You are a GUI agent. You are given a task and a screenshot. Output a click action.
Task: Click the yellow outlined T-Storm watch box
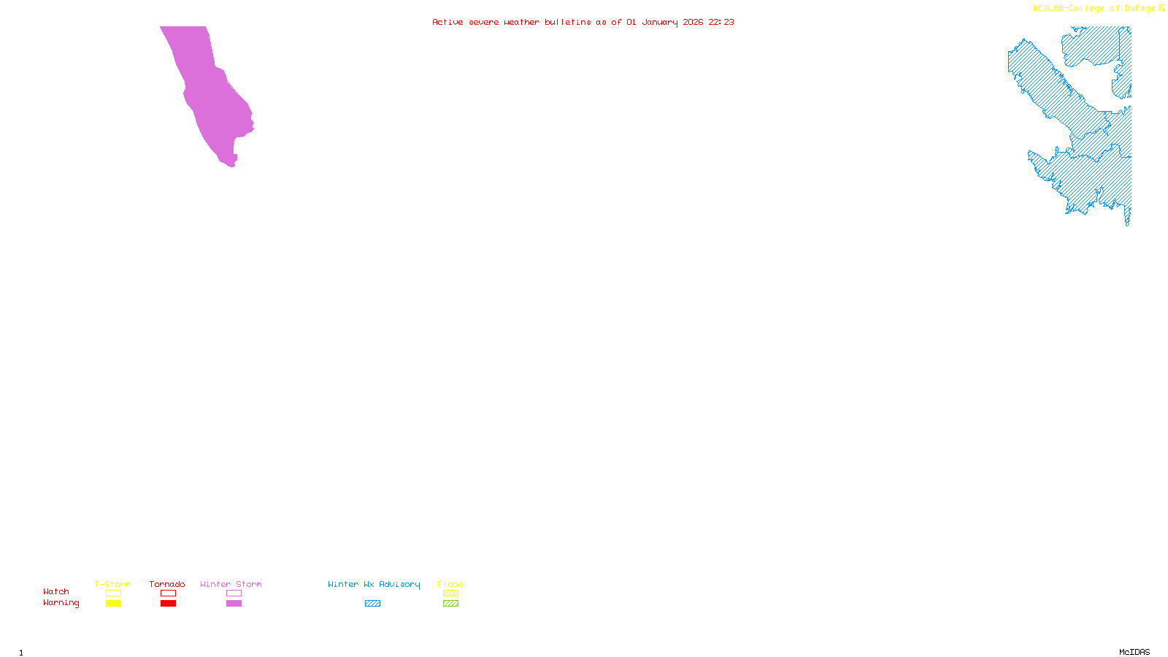113,593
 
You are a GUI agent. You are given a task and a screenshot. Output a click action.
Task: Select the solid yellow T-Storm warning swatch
113,604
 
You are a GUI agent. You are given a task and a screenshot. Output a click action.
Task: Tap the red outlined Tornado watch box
168,593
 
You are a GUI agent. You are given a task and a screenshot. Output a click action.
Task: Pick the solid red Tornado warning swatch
168,604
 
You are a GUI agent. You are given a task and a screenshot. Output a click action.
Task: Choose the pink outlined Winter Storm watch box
234,593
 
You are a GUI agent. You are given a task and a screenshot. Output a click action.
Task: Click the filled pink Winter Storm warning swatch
234,604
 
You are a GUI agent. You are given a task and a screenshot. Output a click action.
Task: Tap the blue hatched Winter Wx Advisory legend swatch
372,604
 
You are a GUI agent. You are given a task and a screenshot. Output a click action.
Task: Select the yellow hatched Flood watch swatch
450,593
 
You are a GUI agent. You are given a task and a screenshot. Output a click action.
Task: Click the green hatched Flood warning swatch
450,604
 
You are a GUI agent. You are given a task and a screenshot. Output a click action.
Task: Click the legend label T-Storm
112,584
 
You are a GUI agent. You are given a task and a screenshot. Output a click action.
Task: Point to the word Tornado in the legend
167,584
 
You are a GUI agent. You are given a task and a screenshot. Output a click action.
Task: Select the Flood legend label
450,584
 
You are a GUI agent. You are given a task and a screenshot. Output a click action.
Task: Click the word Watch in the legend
56,592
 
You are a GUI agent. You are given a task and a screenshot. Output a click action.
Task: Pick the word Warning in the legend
61,603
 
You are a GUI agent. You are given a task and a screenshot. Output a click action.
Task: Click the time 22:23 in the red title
721,22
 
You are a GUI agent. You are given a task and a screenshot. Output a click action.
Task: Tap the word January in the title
660,22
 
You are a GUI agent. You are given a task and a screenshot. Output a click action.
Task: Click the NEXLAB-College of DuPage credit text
1094,9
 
